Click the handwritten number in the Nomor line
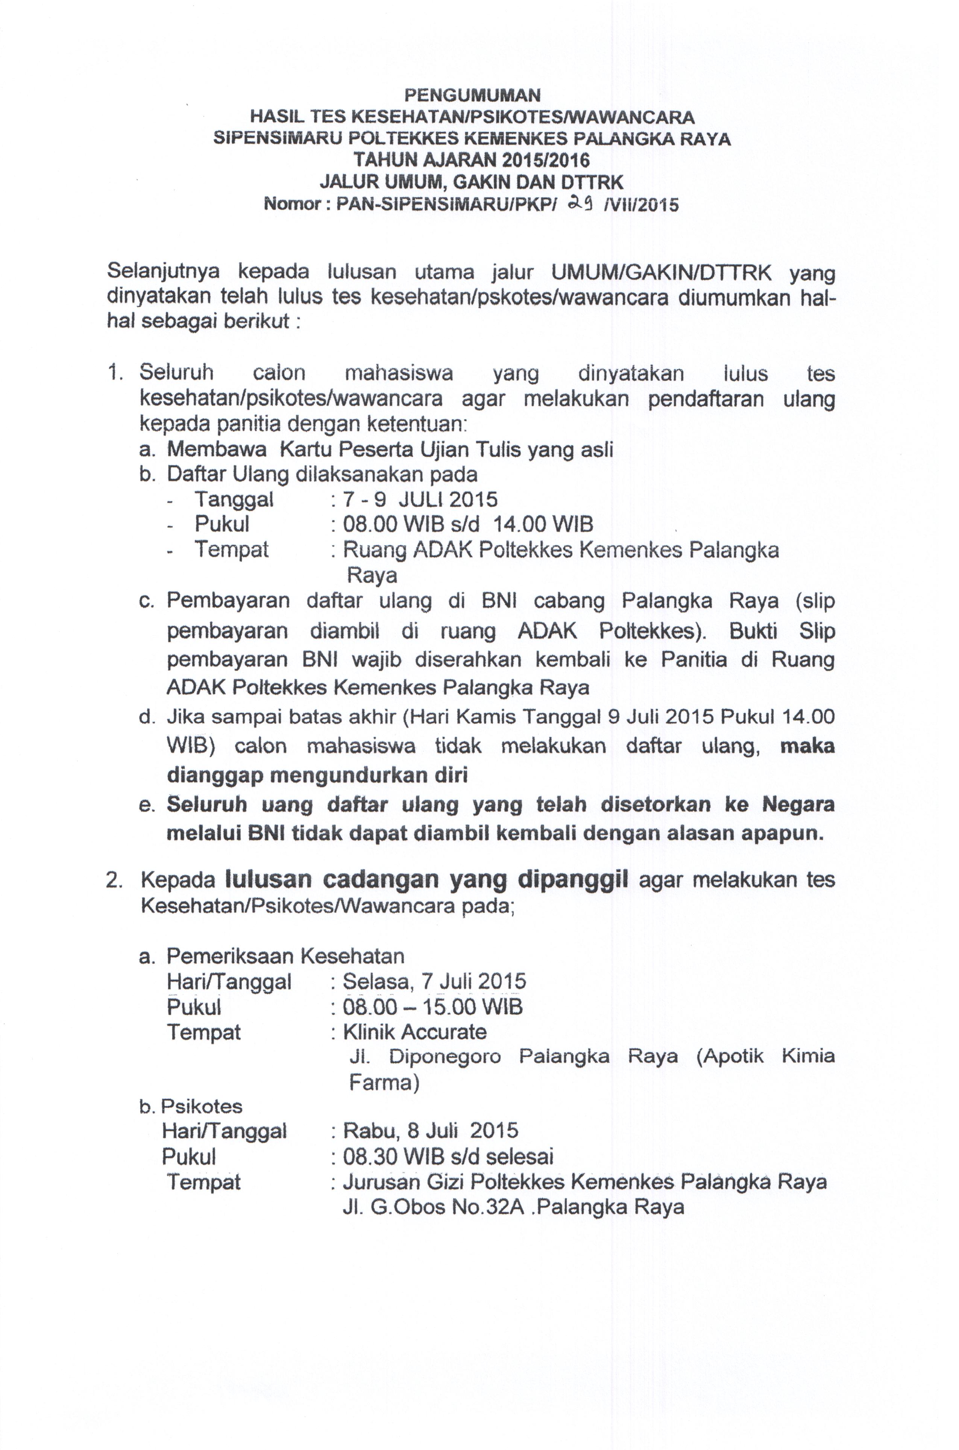(x=580, y=202)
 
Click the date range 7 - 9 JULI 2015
(x=420, y=500)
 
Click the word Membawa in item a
(x=217, y=449)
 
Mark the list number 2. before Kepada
(x=114, y=881)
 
